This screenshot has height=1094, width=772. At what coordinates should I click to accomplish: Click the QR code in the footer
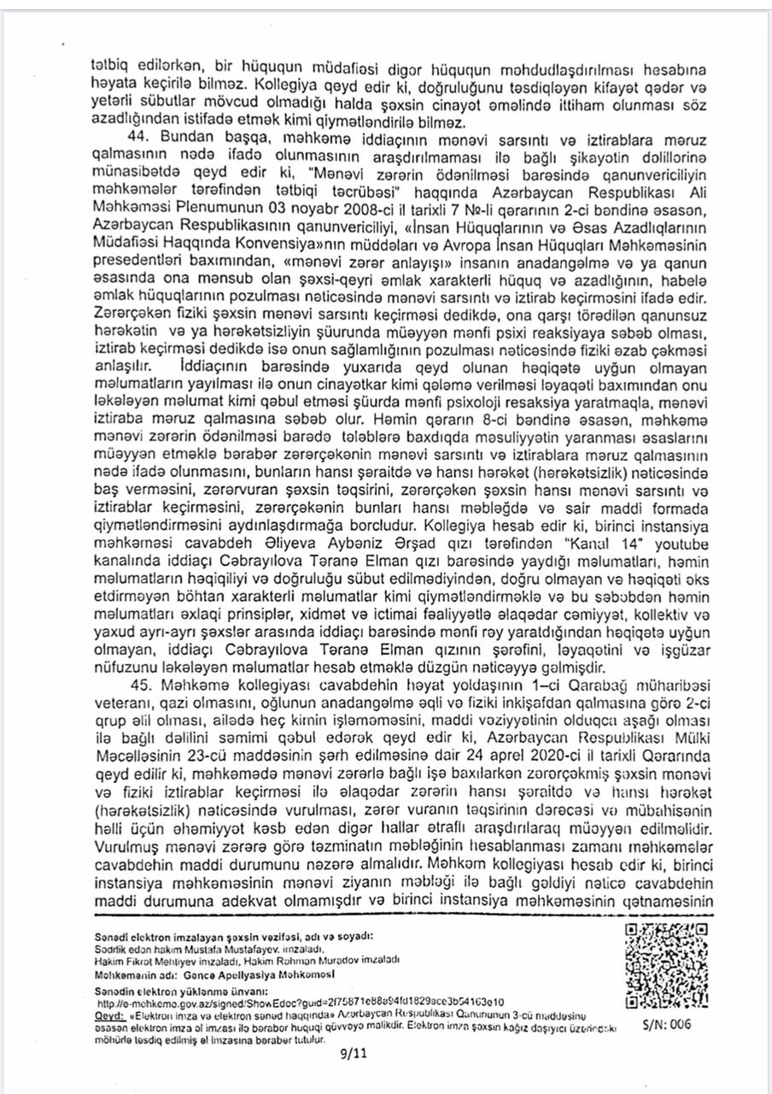coord(656,966)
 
